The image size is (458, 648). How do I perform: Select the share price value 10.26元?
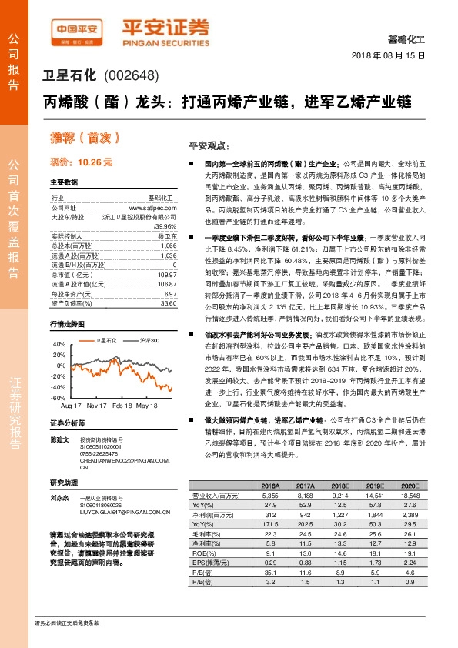coord(95,162)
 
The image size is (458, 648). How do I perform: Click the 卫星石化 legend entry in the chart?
coord(105,339)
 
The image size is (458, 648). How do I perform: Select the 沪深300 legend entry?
coord(150,339)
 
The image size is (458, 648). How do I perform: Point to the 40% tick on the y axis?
coord(59,344)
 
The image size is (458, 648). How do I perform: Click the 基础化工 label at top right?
coord(406,38)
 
